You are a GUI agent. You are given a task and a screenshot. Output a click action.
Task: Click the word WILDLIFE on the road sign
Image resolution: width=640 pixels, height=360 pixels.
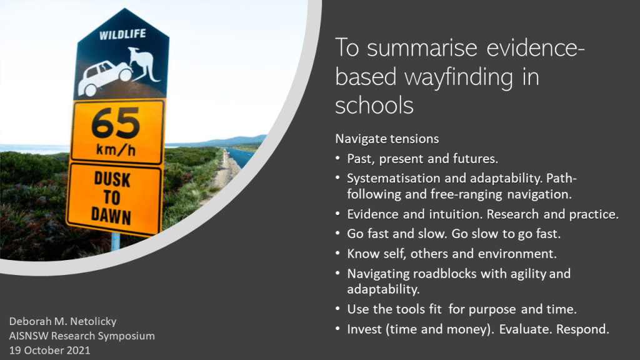pos(122,34)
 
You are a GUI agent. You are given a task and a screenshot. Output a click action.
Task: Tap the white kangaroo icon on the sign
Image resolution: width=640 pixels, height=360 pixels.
pos(144,65)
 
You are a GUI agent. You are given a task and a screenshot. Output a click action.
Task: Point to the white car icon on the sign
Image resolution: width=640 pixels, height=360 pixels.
pos(105,77)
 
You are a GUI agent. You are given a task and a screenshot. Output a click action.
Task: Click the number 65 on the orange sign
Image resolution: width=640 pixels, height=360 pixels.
pos(116,123)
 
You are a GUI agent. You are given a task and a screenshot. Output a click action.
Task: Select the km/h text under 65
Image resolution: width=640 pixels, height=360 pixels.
pos(116,150)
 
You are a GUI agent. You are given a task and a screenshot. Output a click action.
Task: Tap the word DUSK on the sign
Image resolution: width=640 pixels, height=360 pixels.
pos(112,179)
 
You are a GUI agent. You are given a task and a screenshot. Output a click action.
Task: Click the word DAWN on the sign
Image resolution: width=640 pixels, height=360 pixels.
pos(111,216)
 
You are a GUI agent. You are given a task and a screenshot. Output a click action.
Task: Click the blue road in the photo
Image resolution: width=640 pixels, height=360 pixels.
pos(241,157)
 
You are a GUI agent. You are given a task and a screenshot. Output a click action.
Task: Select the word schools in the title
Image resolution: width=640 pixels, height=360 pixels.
pos(374,105)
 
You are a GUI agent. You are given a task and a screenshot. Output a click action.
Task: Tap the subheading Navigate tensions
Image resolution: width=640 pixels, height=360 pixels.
pos(387,139)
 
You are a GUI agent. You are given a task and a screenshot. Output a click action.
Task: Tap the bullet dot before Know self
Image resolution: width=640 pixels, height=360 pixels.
pos(337,254)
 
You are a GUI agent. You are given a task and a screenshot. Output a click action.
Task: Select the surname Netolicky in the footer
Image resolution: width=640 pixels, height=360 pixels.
pos(92,321)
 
